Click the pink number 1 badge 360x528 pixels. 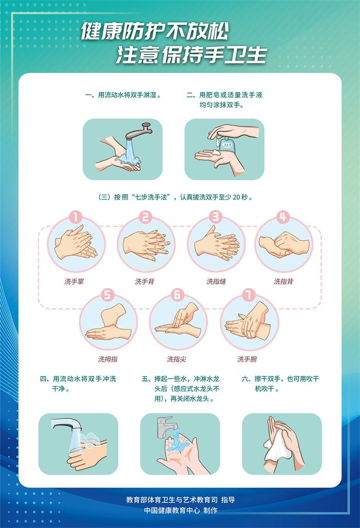pyautogui.click(x=76, y=217)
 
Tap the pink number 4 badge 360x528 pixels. pyautogui.click(x=283, y=217)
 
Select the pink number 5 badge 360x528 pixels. pyautogui.click(x=107, y=295)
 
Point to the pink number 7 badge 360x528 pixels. pyautogui.click(x=248, y=295)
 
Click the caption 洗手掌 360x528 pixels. pyautogui.click(x=74, y=282)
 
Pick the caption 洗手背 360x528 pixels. pyautogui.click(x=145, y=282)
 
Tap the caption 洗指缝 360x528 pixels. pyautogui.click(x=216, y=282)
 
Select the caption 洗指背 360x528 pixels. pyautogui.click(x=283, y=282)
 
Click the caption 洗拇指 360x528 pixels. pyautogui.click(x=108, y=359)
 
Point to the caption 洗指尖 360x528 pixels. pyautogui.click(x=176, y=359)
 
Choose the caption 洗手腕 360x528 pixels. pyautogui.click(x=247, y=359)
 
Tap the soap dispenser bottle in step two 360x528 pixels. pyautogui.click(x=226, y=143)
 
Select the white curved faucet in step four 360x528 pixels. pyautogui.click(x=65, y=425)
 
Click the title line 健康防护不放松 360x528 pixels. pyautogui.click(x=155, y=31)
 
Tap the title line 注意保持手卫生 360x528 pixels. pyautogui.click(x=192, y=55)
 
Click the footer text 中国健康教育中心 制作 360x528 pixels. pyautogui.click(x=181, y=511)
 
